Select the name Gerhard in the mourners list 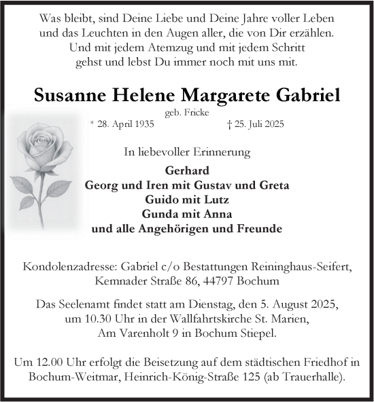coord(186,170)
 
